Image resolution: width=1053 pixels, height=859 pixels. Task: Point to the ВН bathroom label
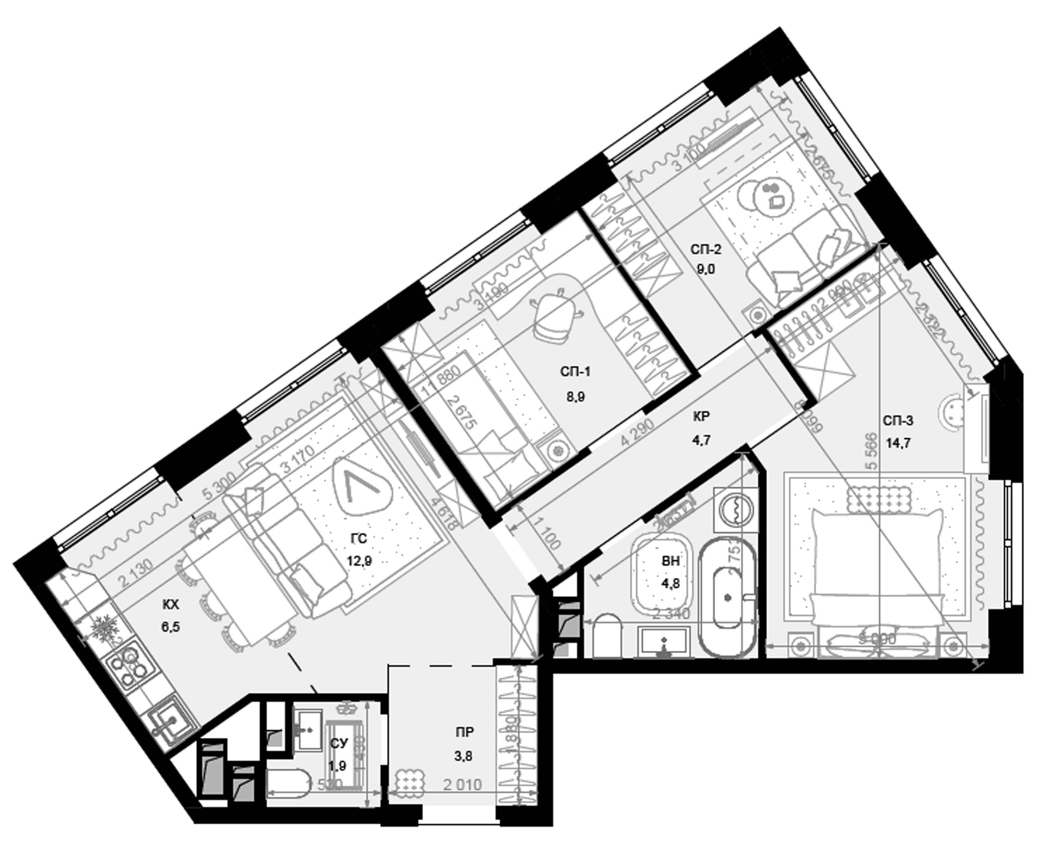[x=670, y=561]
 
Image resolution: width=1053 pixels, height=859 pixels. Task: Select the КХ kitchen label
[x=170, y=605]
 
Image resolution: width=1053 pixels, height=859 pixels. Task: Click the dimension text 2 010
[x=462, y=784]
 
